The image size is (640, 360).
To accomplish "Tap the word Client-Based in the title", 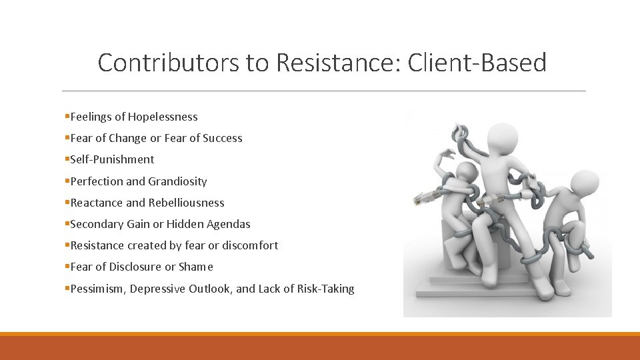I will [x=477, y=63].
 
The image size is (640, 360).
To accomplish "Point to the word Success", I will [x=223, y=138].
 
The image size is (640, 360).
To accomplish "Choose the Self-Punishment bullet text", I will [x=112, y=159].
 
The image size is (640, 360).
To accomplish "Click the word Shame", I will [x=196, y=267].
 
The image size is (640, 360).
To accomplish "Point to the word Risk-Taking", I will [x=325, y=289].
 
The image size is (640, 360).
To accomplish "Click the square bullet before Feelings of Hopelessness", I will [x=67, y=117].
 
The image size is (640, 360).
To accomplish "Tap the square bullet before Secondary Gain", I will [x=67, y=224].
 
